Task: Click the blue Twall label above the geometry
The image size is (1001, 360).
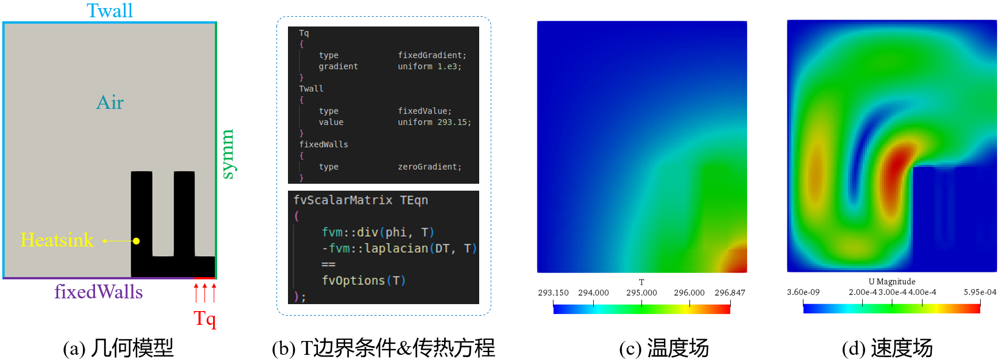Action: coord(109,10)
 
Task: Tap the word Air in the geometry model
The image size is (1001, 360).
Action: coord(110,103)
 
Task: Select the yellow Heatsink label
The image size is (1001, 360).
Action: coord(57,240)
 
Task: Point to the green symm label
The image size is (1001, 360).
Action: coord(228,154)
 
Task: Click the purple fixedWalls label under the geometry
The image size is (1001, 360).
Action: coord(98,292)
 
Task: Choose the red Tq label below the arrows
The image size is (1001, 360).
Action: coord(205,319)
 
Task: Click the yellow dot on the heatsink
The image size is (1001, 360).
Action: coord(136,241)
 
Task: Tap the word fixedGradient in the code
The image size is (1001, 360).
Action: coord(431,55)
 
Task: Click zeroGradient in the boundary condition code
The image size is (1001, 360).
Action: coord(429,166)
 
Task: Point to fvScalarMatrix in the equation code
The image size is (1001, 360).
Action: coord(343,200)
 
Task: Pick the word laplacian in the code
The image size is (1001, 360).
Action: coord(396,248)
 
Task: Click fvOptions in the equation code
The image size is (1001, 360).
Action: coord(352,281)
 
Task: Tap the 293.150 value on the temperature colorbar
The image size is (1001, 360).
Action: coord(553,293)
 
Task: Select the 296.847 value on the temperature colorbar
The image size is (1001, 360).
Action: coord(730,293)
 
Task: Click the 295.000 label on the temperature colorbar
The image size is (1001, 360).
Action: coord(642,293)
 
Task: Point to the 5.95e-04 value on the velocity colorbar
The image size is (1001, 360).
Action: coord(980,292)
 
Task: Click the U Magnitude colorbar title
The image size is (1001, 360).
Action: coord(892,282)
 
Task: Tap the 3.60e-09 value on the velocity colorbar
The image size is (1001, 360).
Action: coord(803,292)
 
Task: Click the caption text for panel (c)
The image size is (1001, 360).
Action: coord(663,348)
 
